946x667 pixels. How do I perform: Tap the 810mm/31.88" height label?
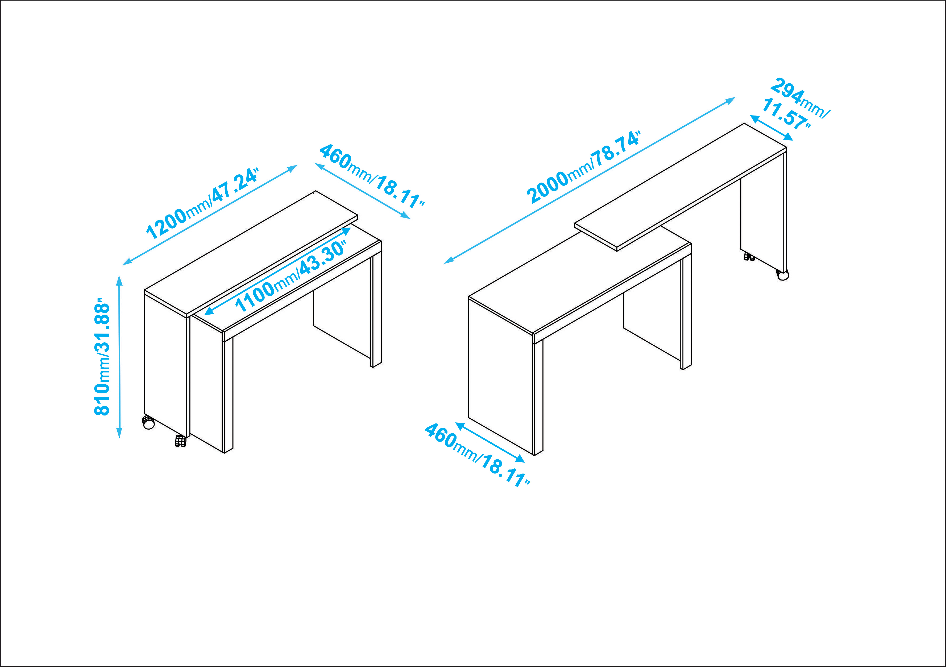click(102, 357)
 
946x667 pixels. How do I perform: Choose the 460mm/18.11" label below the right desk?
click(477, 455)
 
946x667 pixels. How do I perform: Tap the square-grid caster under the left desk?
click(180, 441)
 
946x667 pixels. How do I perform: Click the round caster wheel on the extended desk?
click(782, 275)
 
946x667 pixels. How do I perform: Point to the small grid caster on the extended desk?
click(749, 257)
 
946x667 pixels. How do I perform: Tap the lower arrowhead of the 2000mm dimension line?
click(449, 261)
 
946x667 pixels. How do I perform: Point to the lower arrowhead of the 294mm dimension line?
click(788, 137)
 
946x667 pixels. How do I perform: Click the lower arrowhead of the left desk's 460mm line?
click(405, 216)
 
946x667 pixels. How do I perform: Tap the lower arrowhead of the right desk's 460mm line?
click(520, 459)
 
